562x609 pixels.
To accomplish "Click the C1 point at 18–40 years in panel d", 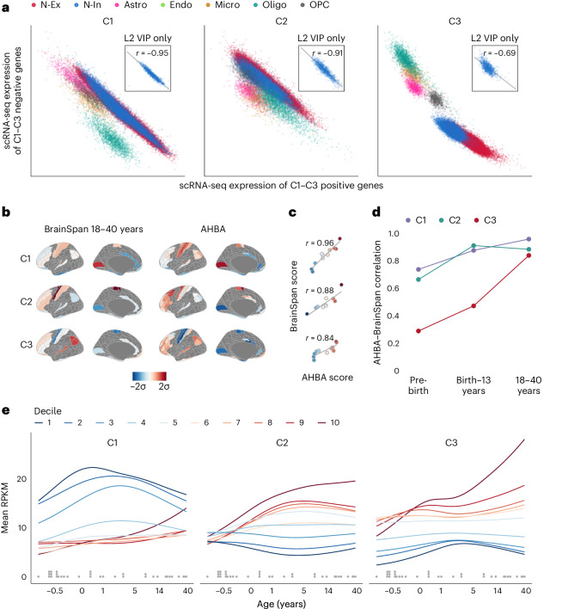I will coord(528,239).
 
